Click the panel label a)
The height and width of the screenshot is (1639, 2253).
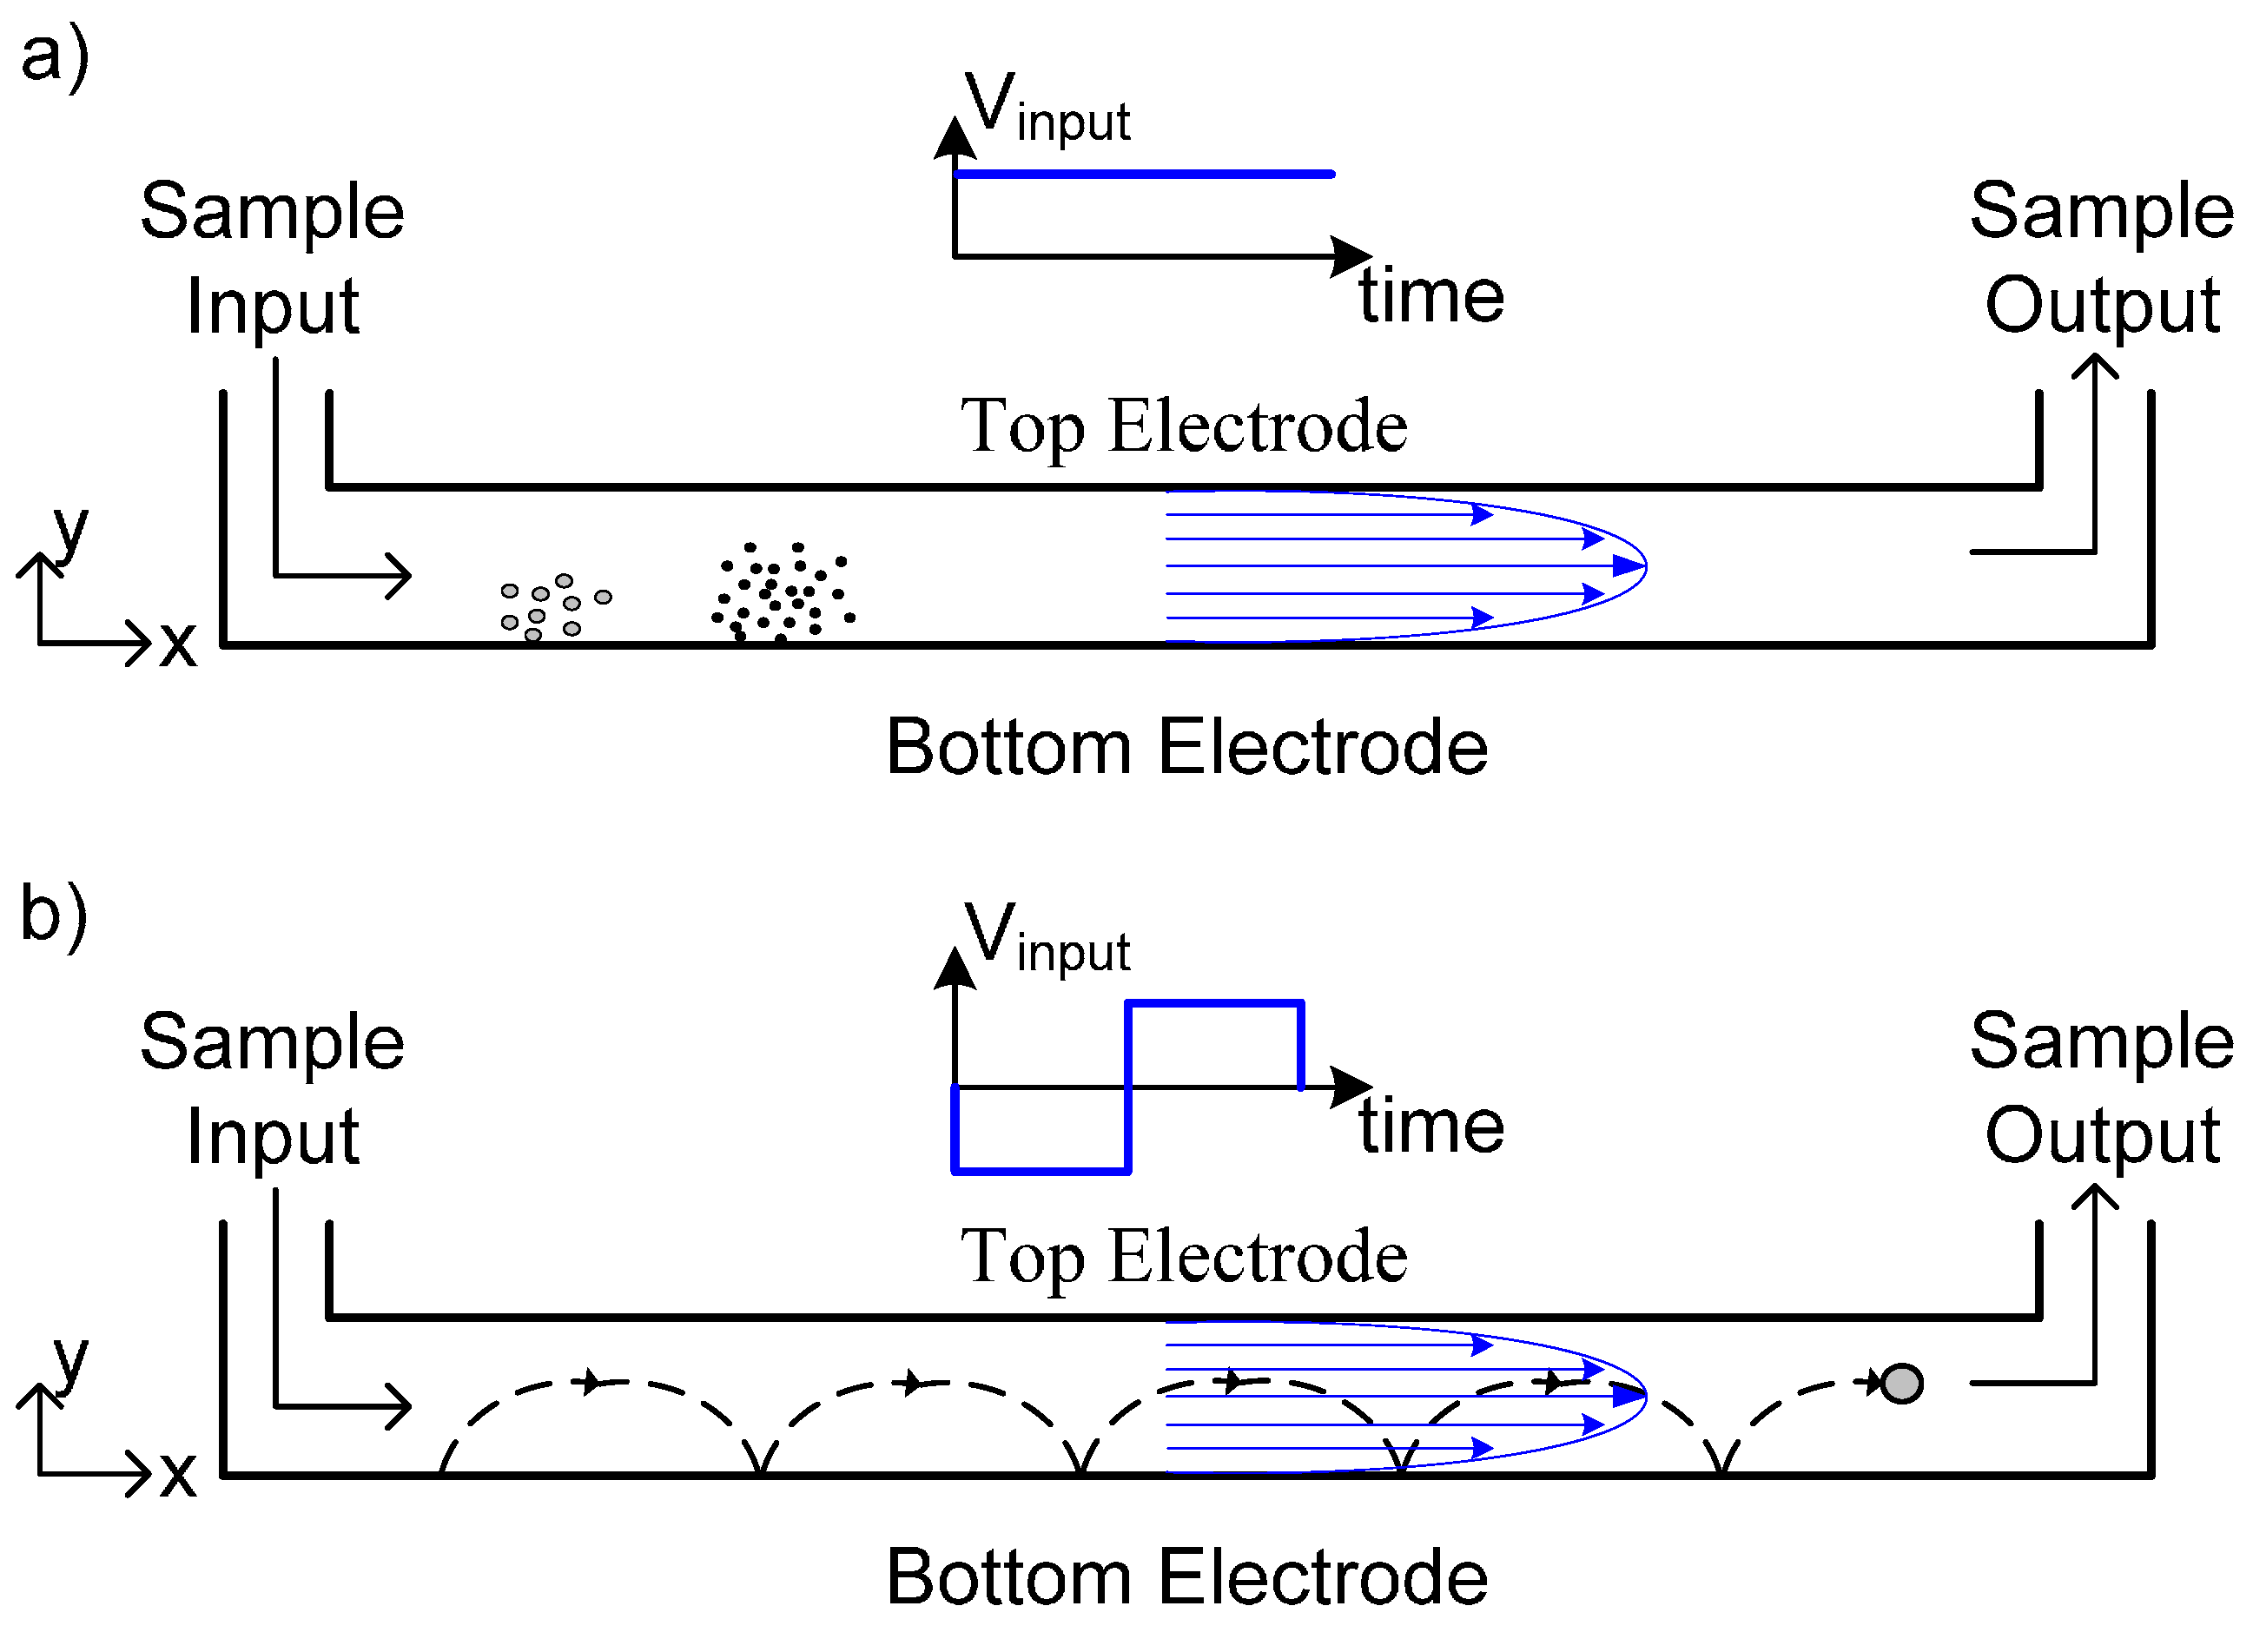pos(55,57)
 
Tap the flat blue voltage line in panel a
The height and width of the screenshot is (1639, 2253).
pos(1142,175)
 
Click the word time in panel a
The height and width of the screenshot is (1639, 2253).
pos(1431,296)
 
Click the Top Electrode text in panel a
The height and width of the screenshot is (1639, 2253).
pos(1183,427)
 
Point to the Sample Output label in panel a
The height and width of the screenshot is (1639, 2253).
pos(2101,258)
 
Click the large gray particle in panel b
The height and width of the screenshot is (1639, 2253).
pos(1901,1384)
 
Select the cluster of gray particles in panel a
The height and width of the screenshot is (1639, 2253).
pos(552,606)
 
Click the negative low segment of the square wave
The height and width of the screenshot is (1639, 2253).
pos(1041,1171)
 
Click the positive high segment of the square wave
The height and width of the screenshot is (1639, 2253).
pos(1214,1004)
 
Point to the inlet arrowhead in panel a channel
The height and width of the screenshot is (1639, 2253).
pos(401,576)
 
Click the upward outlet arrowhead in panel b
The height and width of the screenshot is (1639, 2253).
pos(2095,1198)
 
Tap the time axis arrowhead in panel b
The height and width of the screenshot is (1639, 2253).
pos(1352,1087)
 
